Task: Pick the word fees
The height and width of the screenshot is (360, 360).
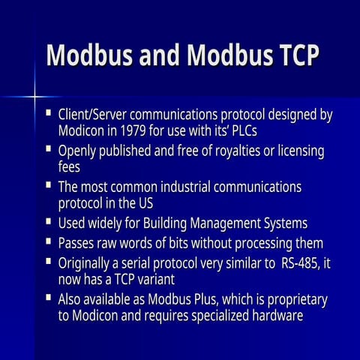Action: point(69,166)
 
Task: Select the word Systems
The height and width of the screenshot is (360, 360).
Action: point(281,223)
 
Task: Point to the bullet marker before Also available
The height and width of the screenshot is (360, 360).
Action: point(48,297)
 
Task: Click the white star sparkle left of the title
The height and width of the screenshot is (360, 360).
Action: point(34,96)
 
